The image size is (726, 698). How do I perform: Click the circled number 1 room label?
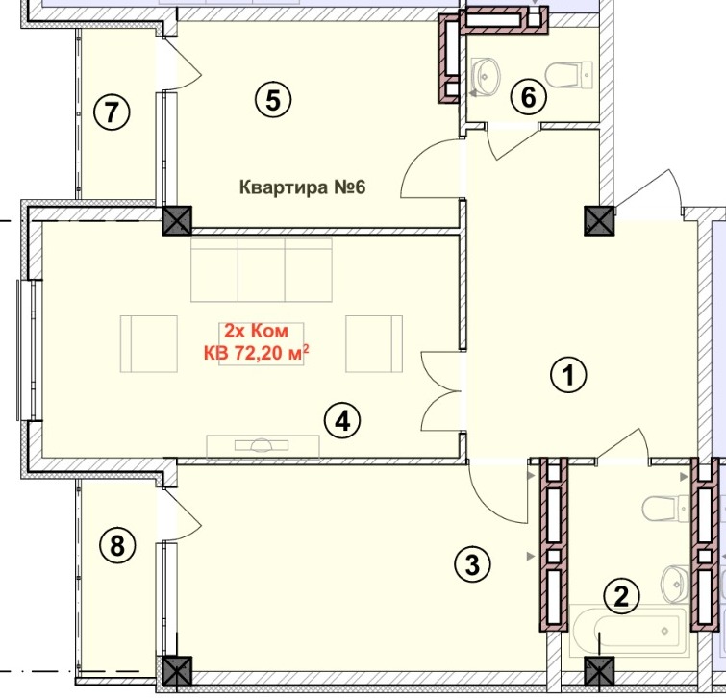(568, 375)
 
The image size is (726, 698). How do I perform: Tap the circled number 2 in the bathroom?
(621, 596)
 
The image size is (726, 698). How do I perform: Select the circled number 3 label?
(472, 564)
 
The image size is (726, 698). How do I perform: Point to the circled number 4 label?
(342, 422)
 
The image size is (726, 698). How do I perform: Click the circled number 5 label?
(273, 100)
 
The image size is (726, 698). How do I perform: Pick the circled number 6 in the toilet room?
(529, 98)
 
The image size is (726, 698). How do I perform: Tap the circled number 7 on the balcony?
(112, 112)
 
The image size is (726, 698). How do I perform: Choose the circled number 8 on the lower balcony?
(117, 545)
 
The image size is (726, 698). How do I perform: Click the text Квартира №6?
(302, 187)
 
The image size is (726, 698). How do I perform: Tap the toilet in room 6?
(569, 75)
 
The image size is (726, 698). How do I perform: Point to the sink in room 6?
(486, 76)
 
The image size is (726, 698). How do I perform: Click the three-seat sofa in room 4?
(262, 270)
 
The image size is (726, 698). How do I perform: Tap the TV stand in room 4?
(263, 446)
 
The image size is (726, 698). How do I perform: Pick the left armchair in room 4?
(149, 344)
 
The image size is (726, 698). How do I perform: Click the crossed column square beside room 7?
(177, 220)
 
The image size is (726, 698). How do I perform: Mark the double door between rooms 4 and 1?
(439, 391)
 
